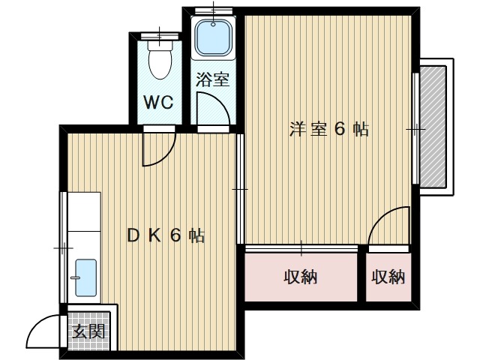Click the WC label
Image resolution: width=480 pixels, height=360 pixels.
(x=158, y=103)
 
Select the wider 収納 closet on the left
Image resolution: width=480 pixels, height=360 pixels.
(x=301, y=277)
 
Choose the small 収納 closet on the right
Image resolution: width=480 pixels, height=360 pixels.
(x=388, y=277)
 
